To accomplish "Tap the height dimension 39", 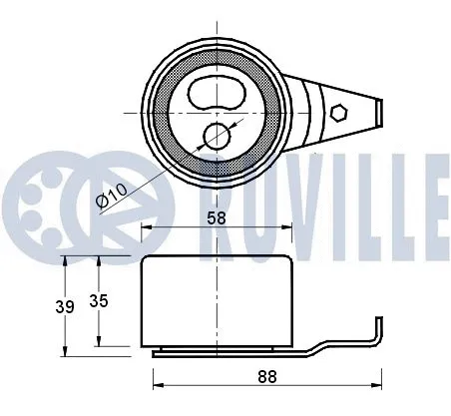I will (66, 307).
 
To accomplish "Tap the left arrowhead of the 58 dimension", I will (146, 228).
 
